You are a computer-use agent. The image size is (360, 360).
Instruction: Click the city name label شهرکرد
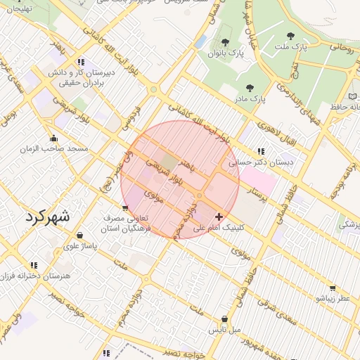click(48, 216)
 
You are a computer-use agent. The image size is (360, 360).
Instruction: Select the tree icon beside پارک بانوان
click(225, 43)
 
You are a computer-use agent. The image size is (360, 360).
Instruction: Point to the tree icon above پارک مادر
click(250, 88)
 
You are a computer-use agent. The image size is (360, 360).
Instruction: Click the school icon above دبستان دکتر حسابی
click(261, 151)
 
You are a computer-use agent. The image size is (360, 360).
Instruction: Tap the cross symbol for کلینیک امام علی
click(220, 217)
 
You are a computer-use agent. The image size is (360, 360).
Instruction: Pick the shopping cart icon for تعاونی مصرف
click(125, 207)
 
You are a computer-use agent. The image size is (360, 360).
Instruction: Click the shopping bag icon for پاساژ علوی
click(79, 236)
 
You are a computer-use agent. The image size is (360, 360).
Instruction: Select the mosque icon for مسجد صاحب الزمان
click(53, 138)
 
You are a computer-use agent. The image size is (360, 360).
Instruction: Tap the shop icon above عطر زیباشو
click(332, 288)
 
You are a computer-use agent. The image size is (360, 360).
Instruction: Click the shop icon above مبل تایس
click(224, 319)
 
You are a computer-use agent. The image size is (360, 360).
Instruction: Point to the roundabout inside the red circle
click(200, 195)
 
